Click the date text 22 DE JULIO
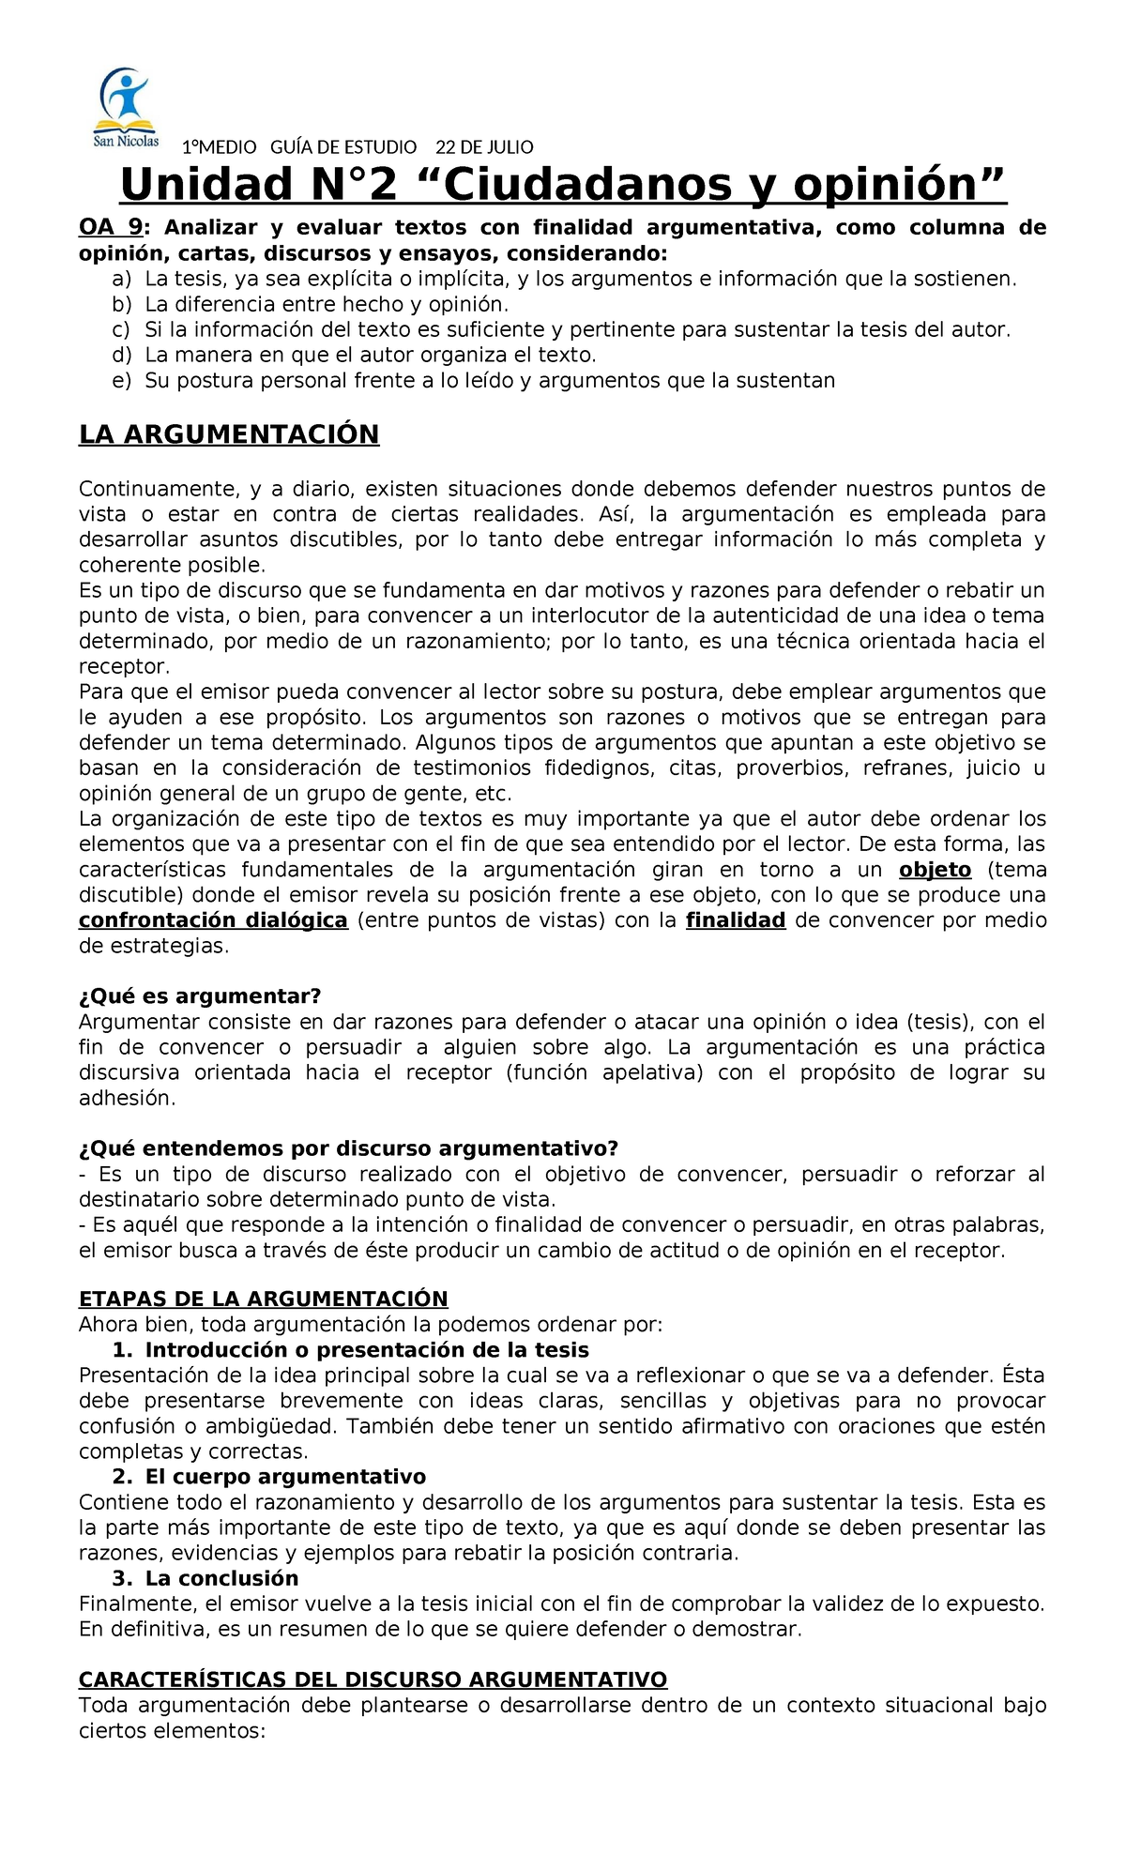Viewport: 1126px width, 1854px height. point(484,147)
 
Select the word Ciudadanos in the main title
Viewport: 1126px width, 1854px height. point(587,185)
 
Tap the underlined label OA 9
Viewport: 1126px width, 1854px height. point(110,228)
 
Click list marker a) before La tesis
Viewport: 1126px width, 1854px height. point(121,279)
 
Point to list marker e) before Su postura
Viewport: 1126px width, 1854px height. point(121,380)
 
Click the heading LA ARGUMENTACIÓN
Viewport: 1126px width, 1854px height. point(229,434)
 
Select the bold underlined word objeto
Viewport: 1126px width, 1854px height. point(935,870)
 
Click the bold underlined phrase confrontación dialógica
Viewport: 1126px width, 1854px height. point(213,920)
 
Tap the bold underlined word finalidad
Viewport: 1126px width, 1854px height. point(736,920)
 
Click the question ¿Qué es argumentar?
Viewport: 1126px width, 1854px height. point(200,996)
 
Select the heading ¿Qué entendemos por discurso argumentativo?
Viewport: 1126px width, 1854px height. point(348,1148)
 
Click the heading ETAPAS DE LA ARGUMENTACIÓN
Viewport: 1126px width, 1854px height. point(263,1299)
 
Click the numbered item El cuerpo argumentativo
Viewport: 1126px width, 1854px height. point(285,1477)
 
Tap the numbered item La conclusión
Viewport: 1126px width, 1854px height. point(221,1578)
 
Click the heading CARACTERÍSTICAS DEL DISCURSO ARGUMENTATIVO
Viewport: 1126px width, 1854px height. point(373,1679)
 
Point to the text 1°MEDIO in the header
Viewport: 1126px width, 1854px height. point(219,147)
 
